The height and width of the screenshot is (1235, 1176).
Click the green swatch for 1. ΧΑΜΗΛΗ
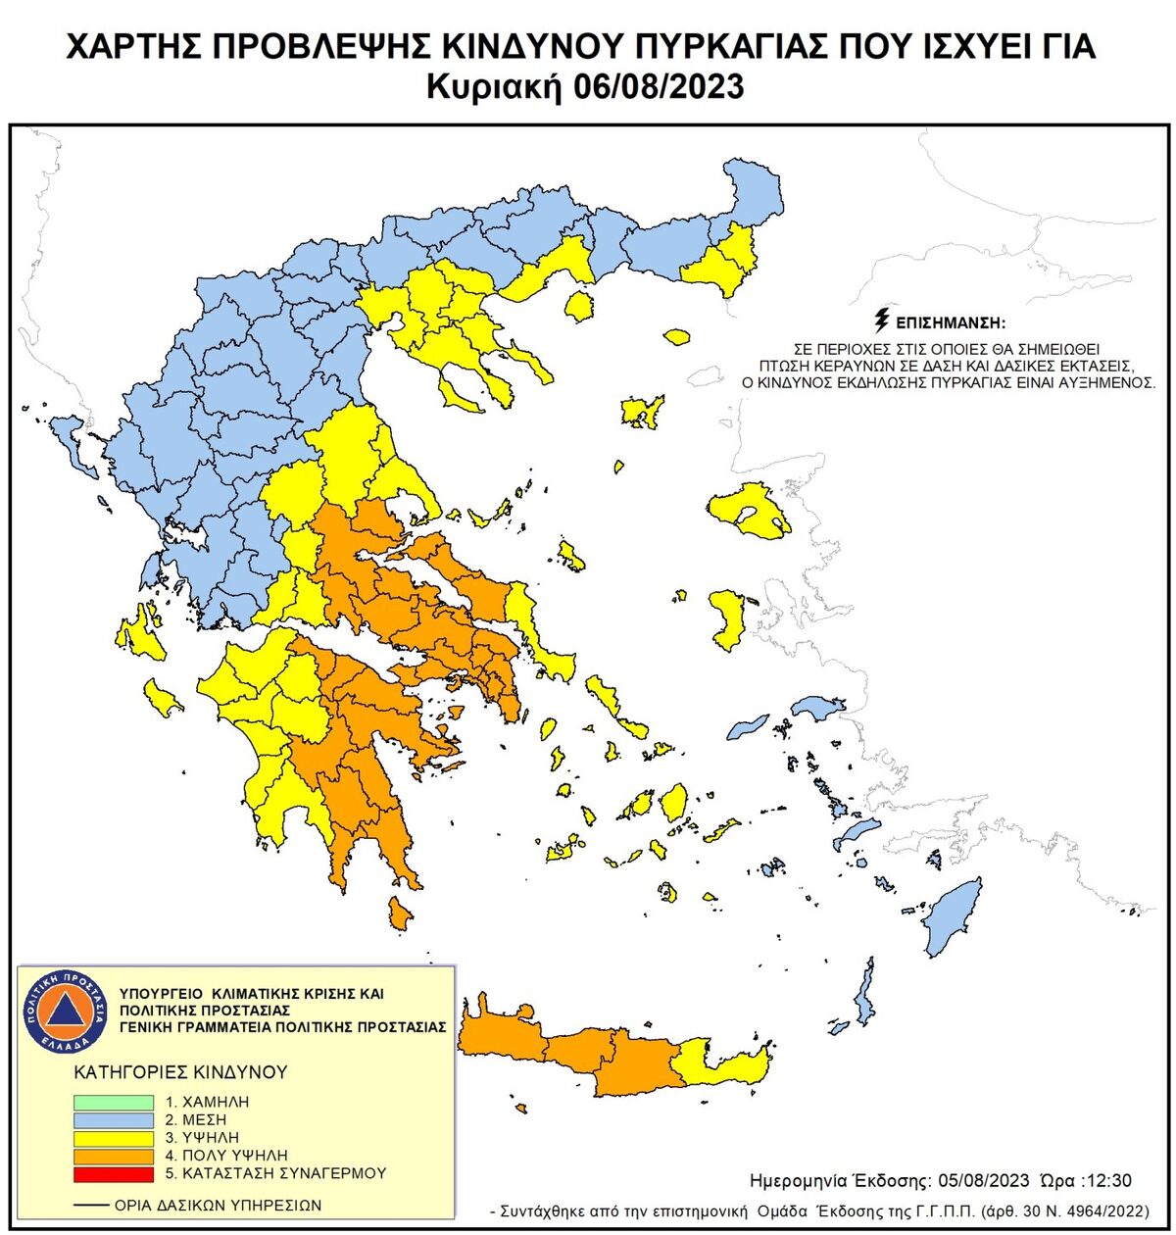[114, 1103]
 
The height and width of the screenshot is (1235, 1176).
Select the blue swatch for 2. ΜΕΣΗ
[114, 1120]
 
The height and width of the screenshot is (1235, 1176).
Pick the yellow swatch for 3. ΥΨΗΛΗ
[114, 1138]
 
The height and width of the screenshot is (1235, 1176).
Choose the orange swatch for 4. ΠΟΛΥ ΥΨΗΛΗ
[114, 1156]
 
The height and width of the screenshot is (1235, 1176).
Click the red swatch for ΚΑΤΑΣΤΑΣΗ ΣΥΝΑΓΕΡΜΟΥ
[114, 1173]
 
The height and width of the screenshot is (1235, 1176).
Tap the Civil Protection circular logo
[64, 1010]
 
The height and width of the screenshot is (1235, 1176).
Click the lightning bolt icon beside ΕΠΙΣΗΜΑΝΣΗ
[881, 321]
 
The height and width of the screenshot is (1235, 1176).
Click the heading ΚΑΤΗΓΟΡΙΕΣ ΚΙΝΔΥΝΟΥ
[180, 1071]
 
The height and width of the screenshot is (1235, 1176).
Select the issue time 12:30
[1107, 1180]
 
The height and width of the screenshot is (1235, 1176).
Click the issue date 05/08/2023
[982, 1180]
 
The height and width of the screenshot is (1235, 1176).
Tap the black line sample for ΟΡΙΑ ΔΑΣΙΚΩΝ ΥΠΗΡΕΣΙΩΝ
[91, 1206]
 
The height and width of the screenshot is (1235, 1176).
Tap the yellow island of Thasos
[579, 307]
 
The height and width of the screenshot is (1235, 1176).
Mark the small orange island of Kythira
[399, 914]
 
